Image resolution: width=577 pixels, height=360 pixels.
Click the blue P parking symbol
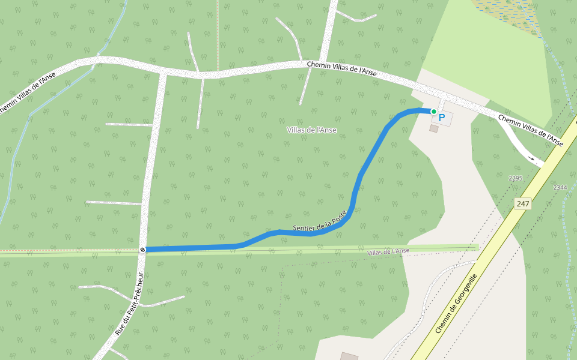coord(442,118)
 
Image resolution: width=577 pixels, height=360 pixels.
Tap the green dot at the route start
coord(433,112)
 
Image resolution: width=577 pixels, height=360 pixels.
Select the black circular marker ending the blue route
coord(142,249)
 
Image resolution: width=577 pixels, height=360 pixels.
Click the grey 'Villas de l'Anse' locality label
coord(311,130)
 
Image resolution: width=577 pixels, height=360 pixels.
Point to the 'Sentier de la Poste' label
coord(320,220)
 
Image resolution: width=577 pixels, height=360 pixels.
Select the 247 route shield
coord(523,204)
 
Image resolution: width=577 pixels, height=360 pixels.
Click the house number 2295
coord(516,179)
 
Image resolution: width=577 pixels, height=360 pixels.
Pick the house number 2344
coord(560,188)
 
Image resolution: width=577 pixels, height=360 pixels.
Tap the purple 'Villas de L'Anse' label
coord(388,251)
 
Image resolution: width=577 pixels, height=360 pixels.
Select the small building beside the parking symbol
coord(433,128)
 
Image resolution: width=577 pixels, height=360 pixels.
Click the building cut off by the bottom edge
coord(349,356)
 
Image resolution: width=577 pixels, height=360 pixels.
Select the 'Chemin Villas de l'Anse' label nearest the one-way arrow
coord(530,130)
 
